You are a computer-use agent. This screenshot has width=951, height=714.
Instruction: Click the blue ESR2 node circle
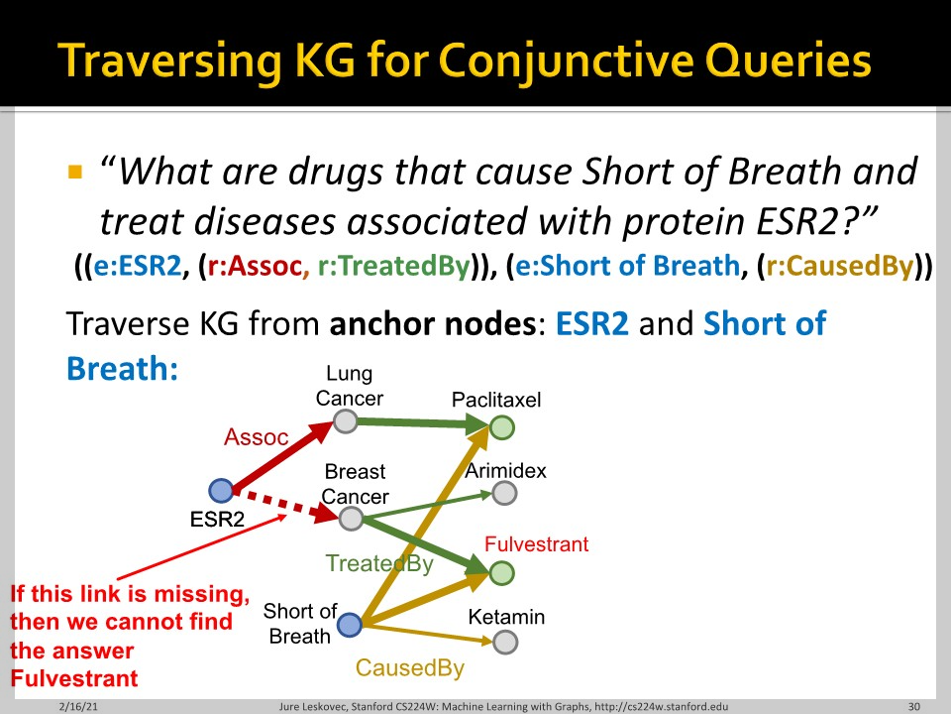(221, 490)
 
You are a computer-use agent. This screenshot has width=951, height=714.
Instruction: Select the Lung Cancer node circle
(345, 420)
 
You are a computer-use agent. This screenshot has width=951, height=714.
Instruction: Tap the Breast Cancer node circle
(351, 519)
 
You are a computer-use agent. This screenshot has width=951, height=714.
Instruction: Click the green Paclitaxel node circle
(501, 427)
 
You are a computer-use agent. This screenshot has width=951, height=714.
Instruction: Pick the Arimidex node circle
(504, 493)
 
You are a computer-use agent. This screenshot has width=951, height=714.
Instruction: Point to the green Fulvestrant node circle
(501, 572)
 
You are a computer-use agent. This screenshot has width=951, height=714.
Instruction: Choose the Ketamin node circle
(504, 642)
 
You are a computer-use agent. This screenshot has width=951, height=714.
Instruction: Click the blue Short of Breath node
(350, 624)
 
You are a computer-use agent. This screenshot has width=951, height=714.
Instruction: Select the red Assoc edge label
(256, 437)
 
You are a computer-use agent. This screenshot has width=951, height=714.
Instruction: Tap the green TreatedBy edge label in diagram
(379, 563)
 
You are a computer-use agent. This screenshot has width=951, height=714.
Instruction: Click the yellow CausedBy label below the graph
(410, 667)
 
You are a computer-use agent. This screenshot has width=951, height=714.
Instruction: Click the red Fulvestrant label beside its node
(536, 544)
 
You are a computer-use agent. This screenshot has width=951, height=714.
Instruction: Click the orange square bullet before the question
(75, 172)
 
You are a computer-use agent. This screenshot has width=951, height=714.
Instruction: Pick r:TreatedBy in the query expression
(394, 266)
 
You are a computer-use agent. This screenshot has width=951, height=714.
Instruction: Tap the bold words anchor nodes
(433, 323)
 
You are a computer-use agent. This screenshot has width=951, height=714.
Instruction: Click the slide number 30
(914, 706)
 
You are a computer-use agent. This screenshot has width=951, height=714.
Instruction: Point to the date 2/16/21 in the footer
(78, 706)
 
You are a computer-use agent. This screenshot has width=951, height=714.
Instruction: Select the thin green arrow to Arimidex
(428, 506)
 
